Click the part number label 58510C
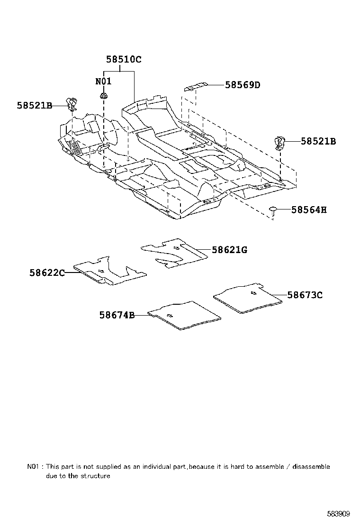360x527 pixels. tap(124, 60)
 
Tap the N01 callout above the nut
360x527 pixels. tap(103, 81)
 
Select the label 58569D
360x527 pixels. tap(243, 85)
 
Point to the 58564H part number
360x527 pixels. tap(309, 209)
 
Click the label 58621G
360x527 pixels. tap(229, 250)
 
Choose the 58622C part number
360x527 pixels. tap(47, 273)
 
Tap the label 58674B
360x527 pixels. tap(117, 315)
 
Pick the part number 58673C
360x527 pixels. tap(305, 295)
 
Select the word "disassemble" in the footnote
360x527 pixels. tap(311, 467)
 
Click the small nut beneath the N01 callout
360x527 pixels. tap(103, 96)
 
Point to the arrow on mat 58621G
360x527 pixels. tap(176, 248)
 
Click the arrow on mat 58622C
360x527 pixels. tap(100, 271)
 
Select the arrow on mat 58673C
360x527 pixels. tap(254, 293)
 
